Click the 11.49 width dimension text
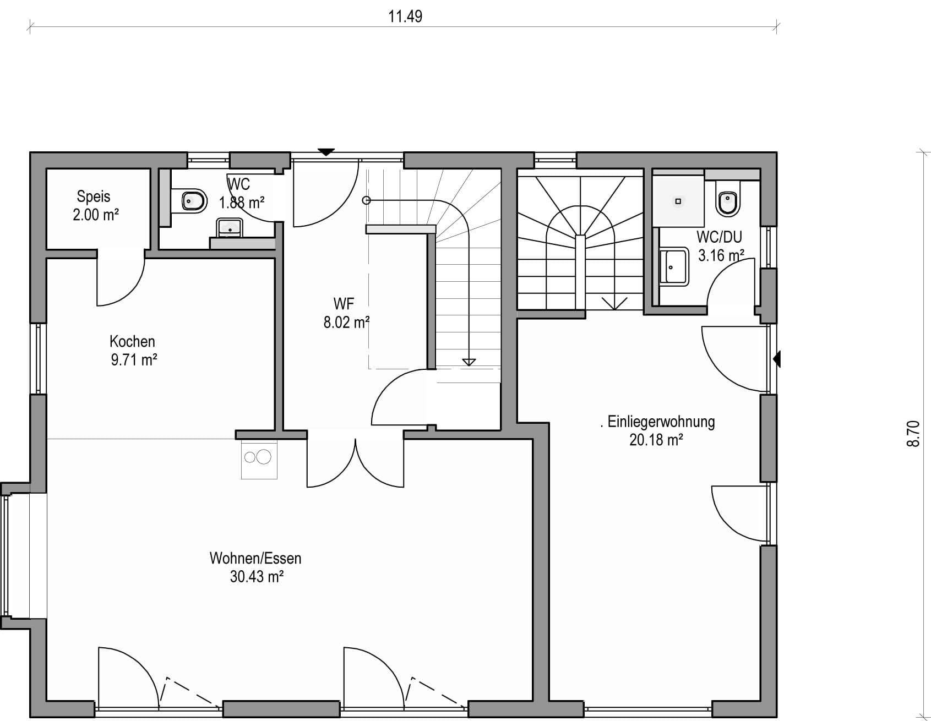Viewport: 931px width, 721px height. tap(405, 17)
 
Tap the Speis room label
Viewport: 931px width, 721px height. tap(94, 196)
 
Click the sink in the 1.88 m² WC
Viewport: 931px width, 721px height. tap(229, 227)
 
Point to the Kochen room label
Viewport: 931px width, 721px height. tap(132, 341)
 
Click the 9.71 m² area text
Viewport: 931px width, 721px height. tap(134, 360)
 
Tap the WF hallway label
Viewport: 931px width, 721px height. tap(344, 303)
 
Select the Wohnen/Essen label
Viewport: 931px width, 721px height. tap(255, 558)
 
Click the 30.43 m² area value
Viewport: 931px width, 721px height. tap(257, 577)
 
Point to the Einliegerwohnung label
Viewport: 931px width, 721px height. tap(661, 422)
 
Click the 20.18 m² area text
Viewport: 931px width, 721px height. tap(656, 440)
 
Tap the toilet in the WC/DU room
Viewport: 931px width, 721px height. tap(728, 199)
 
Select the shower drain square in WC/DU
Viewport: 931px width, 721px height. tap(678, 201)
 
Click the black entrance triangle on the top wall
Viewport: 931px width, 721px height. tap(326, 151)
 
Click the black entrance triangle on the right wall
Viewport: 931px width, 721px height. tap(777, 359)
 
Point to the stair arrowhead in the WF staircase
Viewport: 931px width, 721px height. tap(469, 362)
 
